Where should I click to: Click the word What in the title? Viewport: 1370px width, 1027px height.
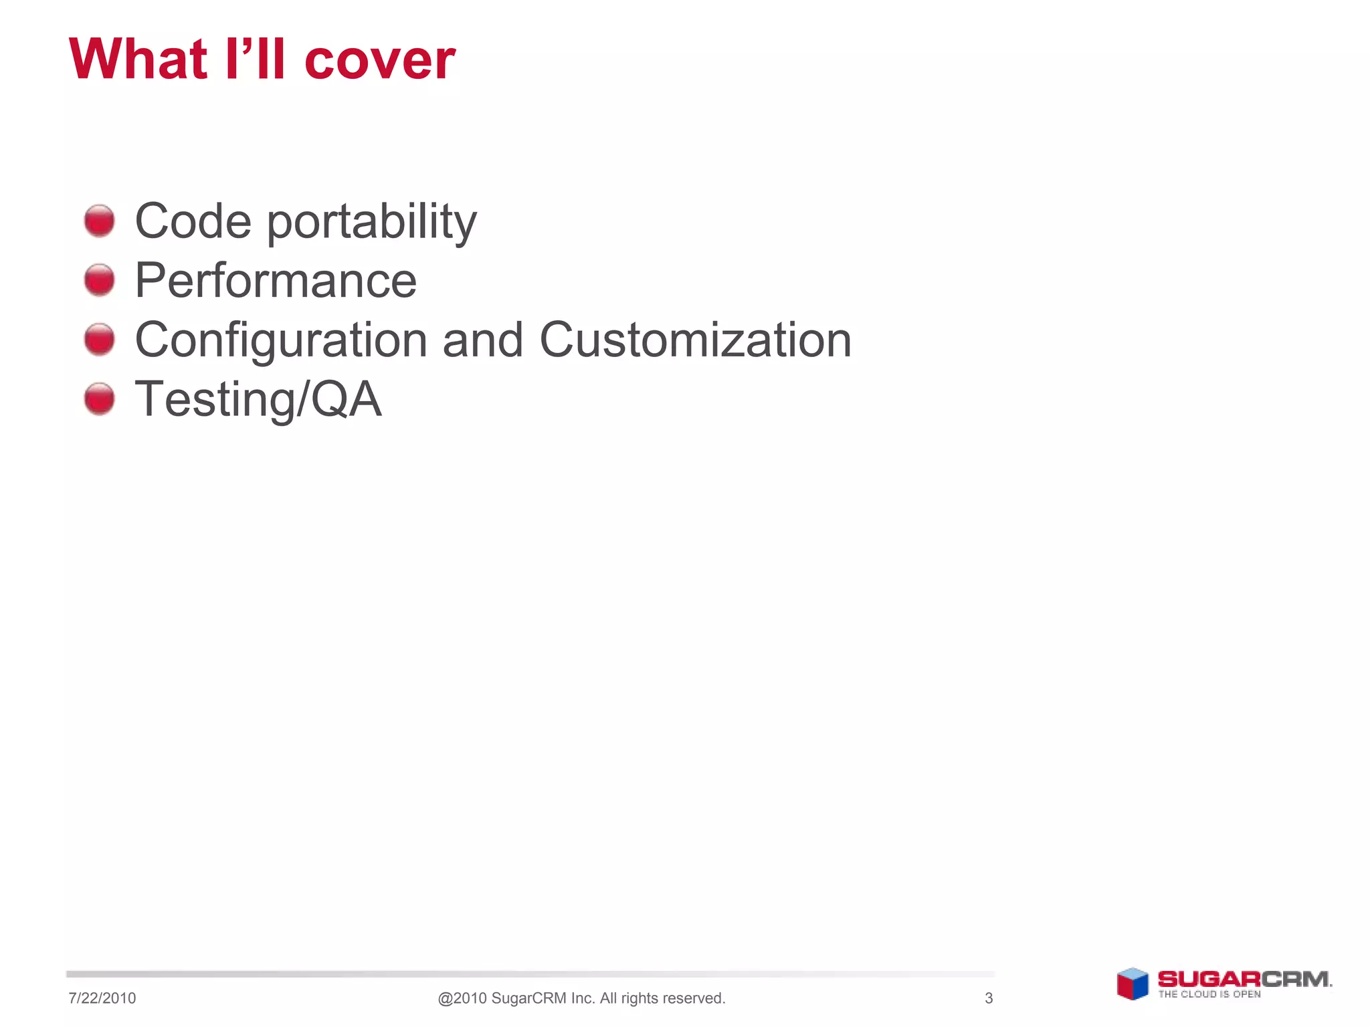(138, 59)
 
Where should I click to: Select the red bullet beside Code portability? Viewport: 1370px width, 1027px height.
(100, 221)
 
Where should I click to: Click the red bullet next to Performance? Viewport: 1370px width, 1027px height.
(100, 279)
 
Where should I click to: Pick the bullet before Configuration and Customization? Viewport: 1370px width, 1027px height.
(100, 339)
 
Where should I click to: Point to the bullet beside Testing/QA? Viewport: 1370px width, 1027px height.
(100, 398)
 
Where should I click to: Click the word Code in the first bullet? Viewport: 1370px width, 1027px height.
(193, 221)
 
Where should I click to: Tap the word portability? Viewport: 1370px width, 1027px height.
(372, 222)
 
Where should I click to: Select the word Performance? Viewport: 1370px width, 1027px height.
(276, 280)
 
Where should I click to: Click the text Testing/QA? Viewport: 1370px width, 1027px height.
(258, 399)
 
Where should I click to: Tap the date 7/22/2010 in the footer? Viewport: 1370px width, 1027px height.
(102, 998)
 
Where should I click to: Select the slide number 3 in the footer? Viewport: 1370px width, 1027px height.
(989, 998)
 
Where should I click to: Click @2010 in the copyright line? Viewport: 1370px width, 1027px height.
(462, 998)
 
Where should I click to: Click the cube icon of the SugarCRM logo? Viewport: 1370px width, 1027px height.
(1133, 984)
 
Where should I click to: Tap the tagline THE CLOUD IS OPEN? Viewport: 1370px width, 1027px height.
(1209, 994)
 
